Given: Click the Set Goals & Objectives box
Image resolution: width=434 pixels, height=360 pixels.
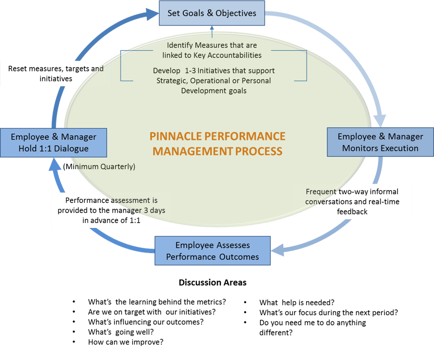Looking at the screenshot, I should point(212,13).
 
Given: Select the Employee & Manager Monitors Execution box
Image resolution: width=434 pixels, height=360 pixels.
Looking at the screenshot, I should point(380,142).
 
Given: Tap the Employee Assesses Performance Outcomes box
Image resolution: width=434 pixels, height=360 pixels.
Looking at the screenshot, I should point(212,251).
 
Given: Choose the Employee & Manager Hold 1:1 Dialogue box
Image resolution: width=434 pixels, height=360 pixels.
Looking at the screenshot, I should point(53,142).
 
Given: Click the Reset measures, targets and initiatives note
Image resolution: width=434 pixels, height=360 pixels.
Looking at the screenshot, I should point(56,73).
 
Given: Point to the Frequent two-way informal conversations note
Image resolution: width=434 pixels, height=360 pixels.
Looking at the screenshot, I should point(353,201).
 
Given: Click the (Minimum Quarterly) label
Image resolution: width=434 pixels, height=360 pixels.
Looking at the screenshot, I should point(99,167).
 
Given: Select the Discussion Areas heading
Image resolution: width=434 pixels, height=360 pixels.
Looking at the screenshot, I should point(213,282).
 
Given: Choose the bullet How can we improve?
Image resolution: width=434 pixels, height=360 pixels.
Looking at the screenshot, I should point(125,342).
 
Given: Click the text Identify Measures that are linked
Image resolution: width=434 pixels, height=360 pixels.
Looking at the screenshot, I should point(211,46).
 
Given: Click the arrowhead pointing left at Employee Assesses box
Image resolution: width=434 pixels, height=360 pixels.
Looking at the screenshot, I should point(276,250).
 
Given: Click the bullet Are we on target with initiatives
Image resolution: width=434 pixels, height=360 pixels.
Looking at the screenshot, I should point(151,312).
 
